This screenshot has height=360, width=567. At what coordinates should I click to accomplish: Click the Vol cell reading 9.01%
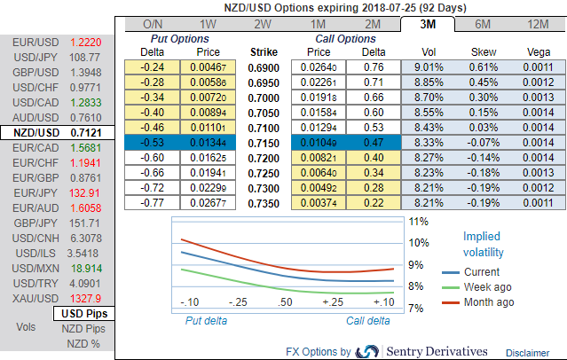[x=428, y=67]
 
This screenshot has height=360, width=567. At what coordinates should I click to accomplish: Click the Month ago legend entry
[x=488, y=302]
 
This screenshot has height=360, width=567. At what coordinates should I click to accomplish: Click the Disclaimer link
[x=529, y=353]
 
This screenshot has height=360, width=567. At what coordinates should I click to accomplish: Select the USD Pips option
[x=84, y=314]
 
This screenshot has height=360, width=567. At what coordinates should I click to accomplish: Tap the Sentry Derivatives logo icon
[x=367, y=352]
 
